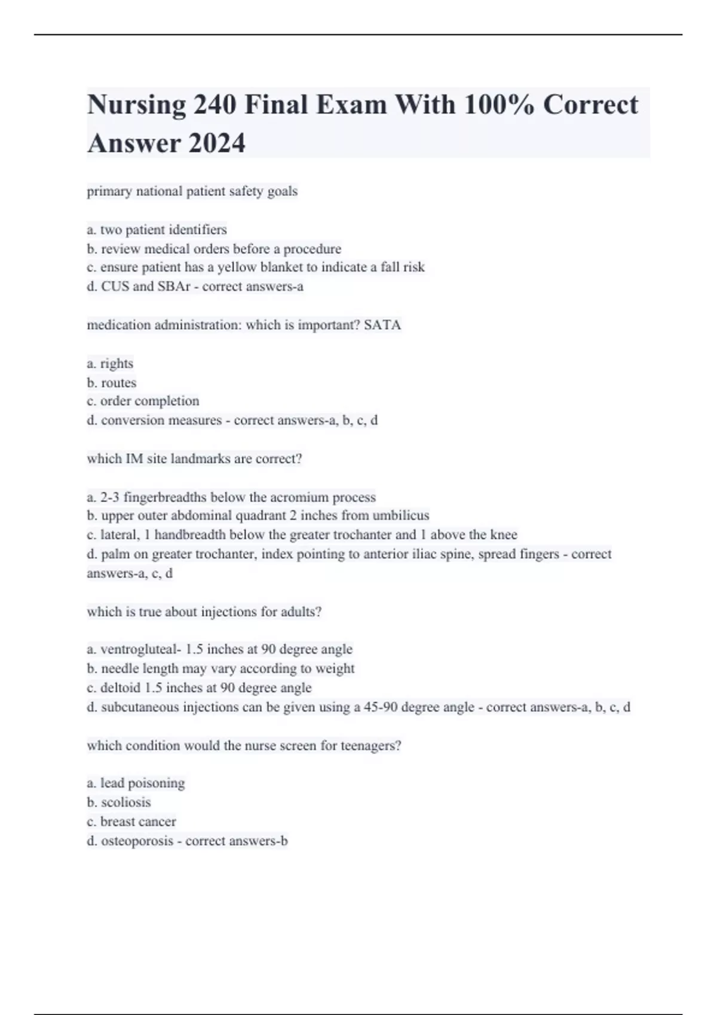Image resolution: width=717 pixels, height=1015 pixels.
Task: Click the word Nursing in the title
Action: [x=137, y=106]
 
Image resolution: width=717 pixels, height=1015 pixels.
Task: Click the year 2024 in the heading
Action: [x=216, y=143]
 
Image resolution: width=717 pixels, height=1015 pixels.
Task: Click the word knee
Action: [x=504, y=535]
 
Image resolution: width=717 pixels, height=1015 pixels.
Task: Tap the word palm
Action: [x=115, y=554]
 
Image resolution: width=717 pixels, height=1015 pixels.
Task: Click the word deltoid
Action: [x=120, y=688]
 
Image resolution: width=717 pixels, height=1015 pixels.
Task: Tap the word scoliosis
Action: [x=126, y=802]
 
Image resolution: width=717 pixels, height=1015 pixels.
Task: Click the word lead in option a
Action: [x=112, y=783]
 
